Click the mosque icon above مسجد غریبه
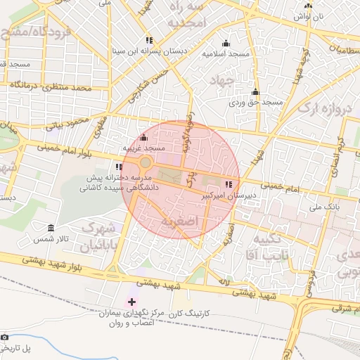(x=144, y=137)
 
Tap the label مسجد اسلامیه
(x=224, y=53)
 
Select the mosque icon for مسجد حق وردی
(x=255, y=92)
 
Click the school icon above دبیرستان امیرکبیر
(x=227, y=184)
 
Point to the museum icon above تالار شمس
(x=51, y=229)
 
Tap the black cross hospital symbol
(x=131, y=302)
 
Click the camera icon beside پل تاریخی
(x=6, y=337)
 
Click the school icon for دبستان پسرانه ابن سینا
(x=148, y=41)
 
